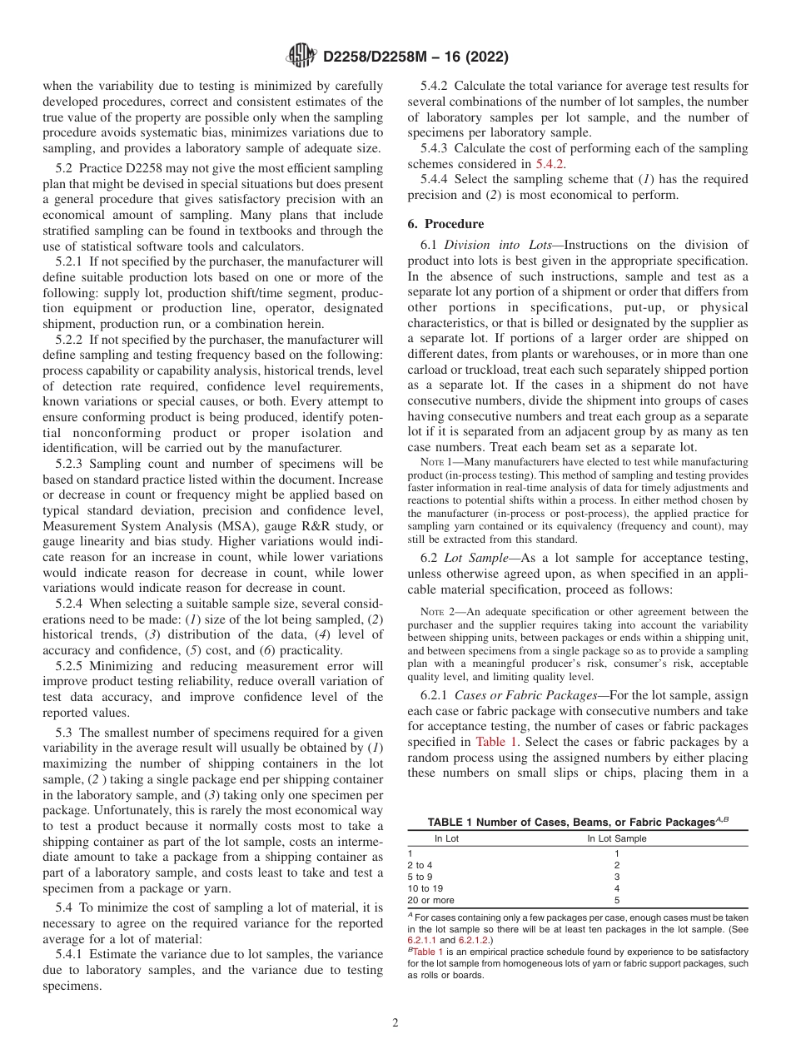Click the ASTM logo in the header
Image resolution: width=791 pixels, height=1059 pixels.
(301, 57)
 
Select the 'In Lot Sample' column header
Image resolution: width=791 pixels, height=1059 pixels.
(616, 838)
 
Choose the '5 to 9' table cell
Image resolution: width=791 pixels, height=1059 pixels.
(420, 877)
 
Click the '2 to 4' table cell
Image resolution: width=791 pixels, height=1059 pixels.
(420, 865)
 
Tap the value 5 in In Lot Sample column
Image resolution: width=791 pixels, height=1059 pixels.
(616, 900)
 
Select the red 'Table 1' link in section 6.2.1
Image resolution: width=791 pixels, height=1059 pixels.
(497, 742)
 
